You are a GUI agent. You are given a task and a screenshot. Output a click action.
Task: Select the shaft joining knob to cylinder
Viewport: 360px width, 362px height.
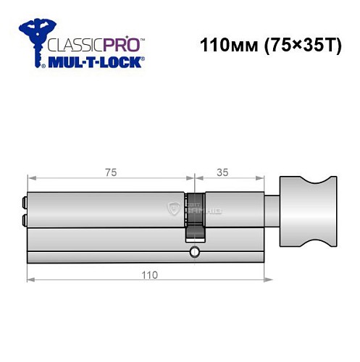point(273,211)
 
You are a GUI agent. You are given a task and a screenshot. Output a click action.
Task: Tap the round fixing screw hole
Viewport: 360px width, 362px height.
point(193,253)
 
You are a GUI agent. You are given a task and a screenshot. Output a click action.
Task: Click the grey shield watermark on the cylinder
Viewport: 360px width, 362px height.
point(173,210)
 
